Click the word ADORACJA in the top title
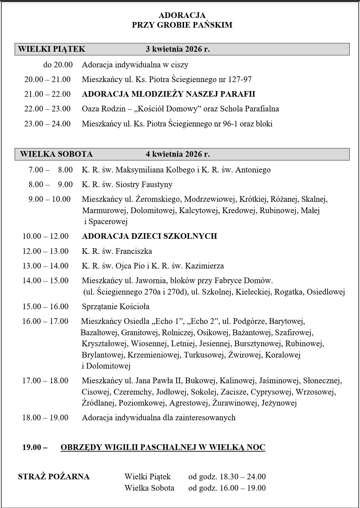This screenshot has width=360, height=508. coord(182,15)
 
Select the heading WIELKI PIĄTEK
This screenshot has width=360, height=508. coord(52,49)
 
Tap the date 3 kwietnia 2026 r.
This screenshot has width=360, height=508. coord(178,49)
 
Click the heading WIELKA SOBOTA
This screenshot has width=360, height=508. coord(56,154)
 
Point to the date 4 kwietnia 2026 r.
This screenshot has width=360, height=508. coord(178,154)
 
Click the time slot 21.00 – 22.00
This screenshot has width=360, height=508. coord(47,94)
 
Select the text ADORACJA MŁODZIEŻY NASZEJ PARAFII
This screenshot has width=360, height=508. coord(168,94)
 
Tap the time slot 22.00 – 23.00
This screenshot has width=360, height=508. coord(47,109)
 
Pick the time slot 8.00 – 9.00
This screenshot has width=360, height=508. coord(51,184)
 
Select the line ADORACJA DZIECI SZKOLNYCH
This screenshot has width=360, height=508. coord(149,236)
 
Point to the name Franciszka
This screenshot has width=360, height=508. coord(134,251)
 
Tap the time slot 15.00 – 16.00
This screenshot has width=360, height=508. coord(45,307)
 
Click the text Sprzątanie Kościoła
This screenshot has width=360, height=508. coord(116,307)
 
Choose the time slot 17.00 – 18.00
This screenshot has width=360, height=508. coord(45,381)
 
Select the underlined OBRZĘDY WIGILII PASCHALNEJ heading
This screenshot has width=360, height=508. coord(163,447)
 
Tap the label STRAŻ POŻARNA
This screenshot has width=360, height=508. coord(54,477)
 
